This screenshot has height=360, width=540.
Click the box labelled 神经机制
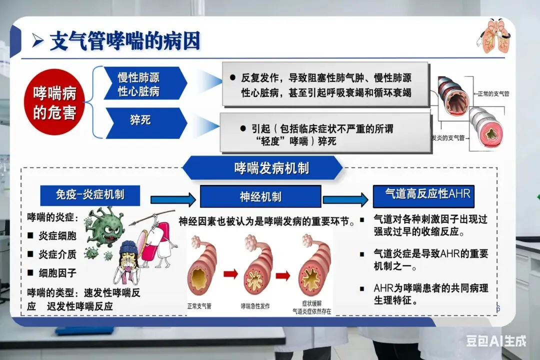click(x=260, y=196)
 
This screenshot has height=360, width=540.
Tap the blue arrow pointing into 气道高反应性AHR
click(x=345, y=200)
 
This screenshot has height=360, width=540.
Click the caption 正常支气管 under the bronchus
click(x=199, y=305)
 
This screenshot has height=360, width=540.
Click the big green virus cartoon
click(x=104, y=227)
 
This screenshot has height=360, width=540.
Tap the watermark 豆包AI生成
click(x=496, y=341)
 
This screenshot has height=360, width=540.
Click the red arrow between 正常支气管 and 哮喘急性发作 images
click(x=229, y=273)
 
